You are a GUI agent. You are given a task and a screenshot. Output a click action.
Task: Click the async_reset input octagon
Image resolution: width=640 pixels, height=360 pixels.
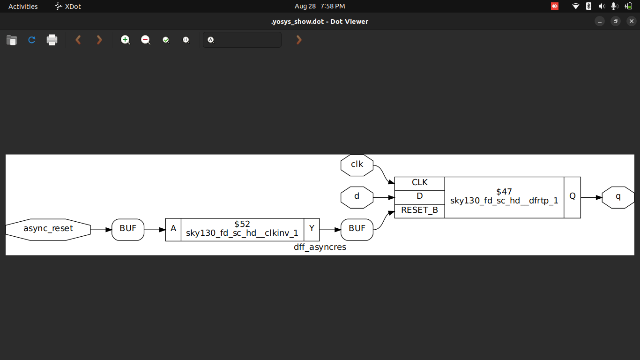click(48, 229)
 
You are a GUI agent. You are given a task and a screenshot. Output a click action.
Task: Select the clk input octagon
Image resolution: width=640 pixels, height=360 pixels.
click(357, 165)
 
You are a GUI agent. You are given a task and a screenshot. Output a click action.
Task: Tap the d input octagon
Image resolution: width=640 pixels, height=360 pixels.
click(357, 197)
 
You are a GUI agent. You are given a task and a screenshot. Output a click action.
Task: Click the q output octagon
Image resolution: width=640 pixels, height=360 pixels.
click(618, 197)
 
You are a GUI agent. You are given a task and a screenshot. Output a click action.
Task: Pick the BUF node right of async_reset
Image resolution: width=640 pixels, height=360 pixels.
click(128, 229)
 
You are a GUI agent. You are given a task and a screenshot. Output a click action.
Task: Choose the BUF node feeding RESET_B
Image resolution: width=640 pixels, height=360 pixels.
click(357, 229)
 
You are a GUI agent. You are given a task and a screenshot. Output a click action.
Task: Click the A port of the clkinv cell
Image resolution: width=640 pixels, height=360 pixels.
click(173, 229)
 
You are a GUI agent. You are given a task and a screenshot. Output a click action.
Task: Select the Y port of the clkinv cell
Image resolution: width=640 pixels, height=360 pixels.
click(312, 229)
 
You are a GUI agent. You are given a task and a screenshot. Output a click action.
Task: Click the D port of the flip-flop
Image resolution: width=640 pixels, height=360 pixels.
click(419, 197)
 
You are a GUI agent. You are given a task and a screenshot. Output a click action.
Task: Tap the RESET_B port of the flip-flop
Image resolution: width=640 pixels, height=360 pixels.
click(419, 210)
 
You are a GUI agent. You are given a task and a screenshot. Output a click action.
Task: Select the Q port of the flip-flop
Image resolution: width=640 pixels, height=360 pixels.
click(572, 197)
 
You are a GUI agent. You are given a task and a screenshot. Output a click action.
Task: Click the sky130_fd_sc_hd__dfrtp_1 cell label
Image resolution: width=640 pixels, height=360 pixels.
click(504, 201)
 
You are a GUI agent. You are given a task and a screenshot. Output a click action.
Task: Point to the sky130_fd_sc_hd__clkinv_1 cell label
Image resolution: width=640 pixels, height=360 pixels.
click(242, 233)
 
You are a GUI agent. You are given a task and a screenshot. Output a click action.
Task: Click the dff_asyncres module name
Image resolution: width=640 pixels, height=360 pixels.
click(320, 247)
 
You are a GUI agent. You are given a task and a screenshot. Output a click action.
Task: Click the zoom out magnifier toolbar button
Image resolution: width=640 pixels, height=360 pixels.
click(146, 40)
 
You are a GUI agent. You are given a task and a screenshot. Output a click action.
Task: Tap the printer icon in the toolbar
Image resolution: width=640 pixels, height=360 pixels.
click(52, 40)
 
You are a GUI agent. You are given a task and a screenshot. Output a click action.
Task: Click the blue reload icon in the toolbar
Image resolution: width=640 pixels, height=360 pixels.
click(32, 40)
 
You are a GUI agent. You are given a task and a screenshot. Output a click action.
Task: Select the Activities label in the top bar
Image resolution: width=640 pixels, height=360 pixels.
click(23, 6)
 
